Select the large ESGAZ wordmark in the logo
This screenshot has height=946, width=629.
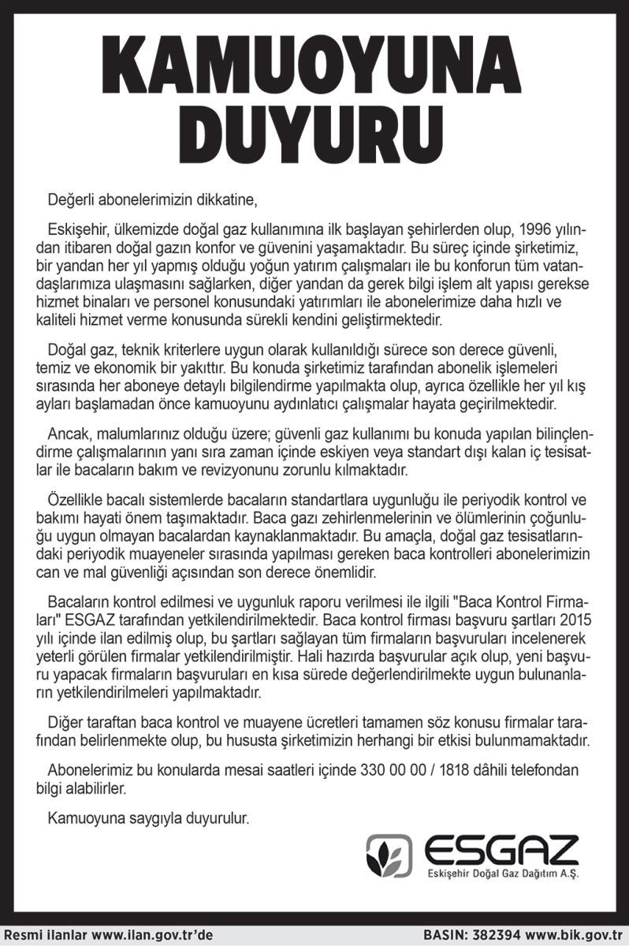click(501, 851)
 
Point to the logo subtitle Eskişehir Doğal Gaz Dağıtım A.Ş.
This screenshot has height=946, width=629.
click(501, 877)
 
